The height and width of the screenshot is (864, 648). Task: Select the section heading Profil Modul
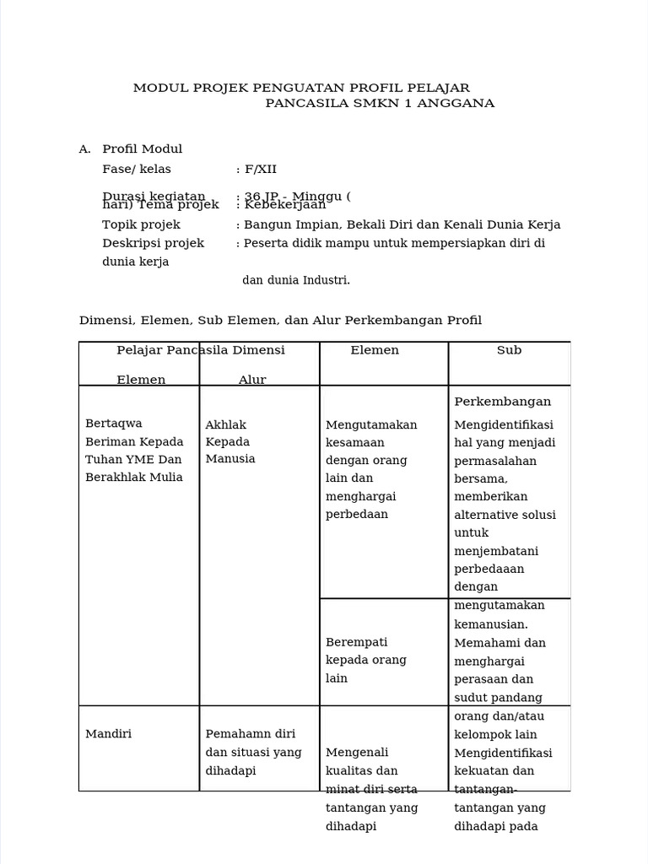click(142, 149)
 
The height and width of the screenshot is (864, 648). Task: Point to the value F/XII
click(261, 169)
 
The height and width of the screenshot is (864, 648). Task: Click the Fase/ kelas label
click(136, 169)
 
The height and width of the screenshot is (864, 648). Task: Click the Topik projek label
click(141, 224)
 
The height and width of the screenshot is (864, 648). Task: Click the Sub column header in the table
click(509, 350)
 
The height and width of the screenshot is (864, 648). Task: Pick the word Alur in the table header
click(252, 380)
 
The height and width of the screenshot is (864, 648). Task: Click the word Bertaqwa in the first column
click(114, 424)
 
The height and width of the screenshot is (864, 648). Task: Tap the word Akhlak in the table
click(225, 424)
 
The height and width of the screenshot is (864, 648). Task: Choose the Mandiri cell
click(108, 734)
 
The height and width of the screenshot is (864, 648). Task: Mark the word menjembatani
click(496, 551)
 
